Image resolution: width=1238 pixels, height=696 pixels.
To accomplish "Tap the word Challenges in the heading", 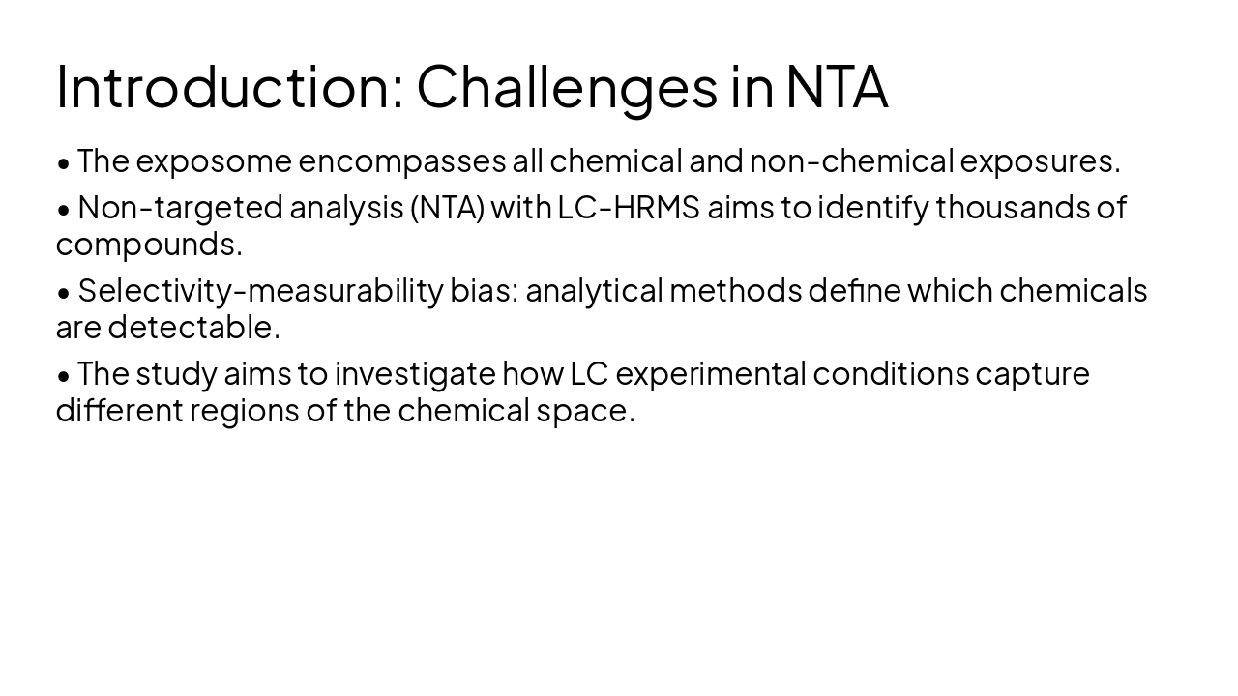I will [567, 86].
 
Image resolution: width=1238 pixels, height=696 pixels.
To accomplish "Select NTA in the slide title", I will [836, 86].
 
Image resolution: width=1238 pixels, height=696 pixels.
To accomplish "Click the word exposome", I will [214, 161].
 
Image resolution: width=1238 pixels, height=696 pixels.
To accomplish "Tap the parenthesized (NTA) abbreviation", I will [447, 208].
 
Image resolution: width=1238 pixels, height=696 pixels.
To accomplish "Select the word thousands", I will [1012, 208].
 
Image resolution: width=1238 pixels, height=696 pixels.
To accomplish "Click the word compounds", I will [148, 245].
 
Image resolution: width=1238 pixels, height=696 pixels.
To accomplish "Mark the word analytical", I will [594, 291].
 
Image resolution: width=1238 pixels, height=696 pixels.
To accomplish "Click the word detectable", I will [193, 328].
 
